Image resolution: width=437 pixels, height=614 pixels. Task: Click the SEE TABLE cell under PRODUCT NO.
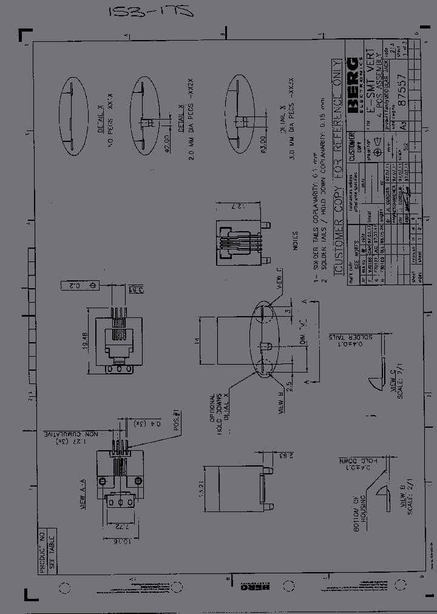click(x=52, y=551)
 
